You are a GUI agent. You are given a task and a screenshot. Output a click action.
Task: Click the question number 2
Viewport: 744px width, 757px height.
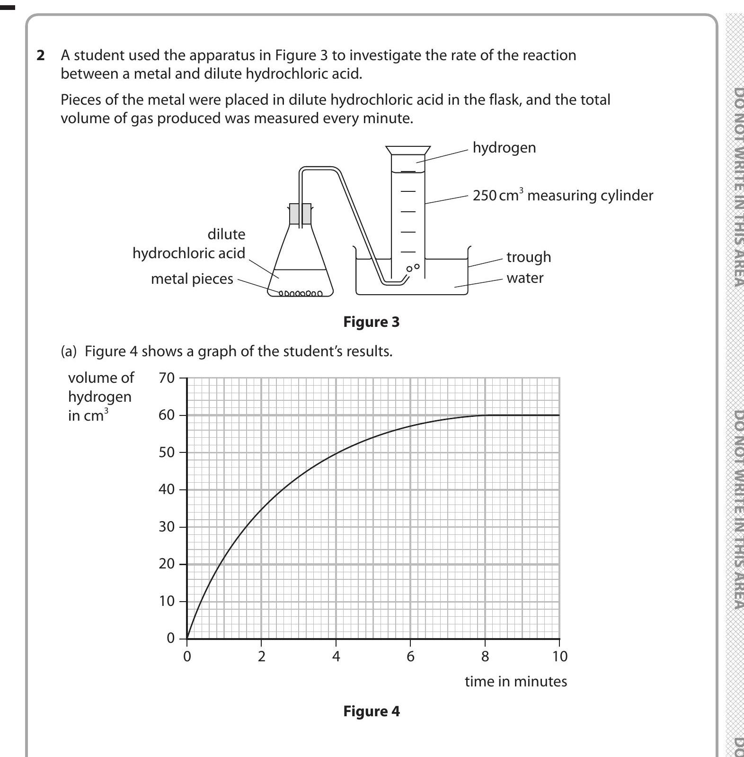(41, 56)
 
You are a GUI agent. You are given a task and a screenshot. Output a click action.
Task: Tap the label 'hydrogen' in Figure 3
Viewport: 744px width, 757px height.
(504, 148)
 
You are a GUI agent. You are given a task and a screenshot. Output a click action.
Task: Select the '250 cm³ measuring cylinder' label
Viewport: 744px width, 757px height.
(562, 196)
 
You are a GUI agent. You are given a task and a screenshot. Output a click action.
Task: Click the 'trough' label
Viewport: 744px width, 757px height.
(528, 257)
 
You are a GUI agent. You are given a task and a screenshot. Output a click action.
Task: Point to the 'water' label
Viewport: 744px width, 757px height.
(524, 278)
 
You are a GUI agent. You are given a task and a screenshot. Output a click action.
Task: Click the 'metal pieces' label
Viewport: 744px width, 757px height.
(192, 279)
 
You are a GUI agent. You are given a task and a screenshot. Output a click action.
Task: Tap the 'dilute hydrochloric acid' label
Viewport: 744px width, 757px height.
(189, 244)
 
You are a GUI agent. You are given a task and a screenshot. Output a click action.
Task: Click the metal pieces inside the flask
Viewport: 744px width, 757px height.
(300, 293)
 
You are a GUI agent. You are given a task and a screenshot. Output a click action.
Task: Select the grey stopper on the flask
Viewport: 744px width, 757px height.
(300, 214)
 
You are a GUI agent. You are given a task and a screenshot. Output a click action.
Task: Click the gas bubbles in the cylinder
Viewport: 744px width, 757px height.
(413, 268)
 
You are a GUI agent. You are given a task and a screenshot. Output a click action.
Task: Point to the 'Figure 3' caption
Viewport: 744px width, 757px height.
(371, 322)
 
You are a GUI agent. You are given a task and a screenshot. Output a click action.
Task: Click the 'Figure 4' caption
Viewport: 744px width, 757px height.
(371, 712)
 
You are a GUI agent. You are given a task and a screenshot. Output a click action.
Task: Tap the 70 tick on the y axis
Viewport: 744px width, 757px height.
(167, 378)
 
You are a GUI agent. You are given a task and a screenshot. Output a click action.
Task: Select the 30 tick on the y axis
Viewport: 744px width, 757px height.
(167, 527)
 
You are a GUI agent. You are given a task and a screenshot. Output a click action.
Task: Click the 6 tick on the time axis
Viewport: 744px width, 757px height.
(410, 656)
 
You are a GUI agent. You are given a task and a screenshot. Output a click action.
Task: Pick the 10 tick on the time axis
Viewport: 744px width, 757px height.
(559, 656)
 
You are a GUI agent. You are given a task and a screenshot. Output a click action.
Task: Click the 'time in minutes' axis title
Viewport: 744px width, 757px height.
(515, 682)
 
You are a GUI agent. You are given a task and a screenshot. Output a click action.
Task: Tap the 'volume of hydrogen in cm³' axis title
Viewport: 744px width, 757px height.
(101, 397)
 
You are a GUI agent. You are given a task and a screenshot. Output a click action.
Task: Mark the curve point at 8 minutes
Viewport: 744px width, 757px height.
(485, 415)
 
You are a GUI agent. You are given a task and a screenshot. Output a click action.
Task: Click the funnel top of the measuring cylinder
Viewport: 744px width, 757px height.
(408, 151)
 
